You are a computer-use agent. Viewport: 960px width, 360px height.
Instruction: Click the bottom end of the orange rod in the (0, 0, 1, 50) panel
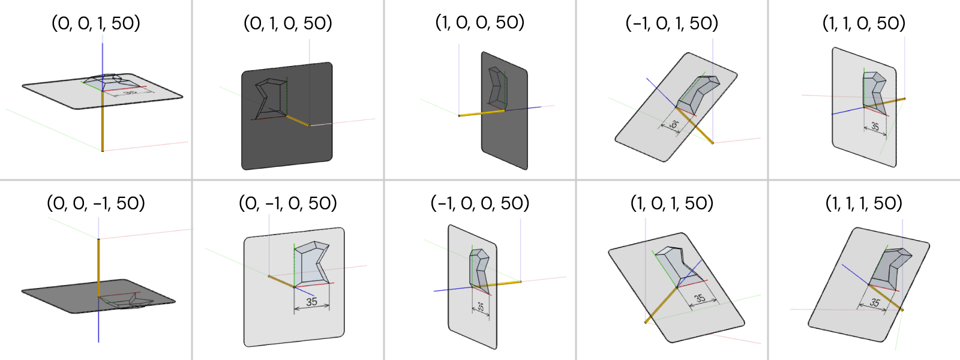(x=103, y=151)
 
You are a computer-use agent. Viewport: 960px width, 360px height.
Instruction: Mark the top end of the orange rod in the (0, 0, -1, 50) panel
(x=98, y=239)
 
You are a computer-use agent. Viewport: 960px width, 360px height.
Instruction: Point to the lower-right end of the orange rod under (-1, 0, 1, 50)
(x=713, y=143)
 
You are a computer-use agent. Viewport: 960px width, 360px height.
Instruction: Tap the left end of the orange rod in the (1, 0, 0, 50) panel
(x=459, y=116)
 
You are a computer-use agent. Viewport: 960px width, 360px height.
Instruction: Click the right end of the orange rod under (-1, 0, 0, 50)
(x=521, y=281)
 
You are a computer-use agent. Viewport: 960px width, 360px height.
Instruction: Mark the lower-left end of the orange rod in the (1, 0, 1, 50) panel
(x=646, y=322)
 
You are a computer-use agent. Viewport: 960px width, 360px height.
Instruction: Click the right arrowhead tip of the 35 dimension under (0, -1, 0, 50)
(x=329, y=306)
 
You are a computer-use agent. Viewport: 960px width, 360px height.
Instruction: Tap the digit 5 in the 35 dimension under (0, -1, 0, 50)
(x=314, y=302)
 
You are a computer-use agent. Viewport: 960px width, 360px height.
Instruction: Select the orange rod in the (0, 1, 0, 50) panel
(x=298, y=121)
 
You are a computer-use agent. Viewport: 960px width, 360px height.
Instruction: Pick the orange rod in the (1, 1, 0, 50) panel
(x=884, y=103)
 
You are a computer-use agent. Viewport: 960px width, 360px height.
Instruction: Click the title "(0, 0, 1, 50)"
(x=96, y=23)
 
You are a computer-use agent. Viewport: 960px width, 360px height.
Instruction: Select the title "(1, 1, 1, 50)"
(x=864, y=203)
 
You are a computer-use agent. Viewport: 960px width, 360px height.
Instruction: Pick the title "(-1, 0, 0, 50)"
(x=480, y=203)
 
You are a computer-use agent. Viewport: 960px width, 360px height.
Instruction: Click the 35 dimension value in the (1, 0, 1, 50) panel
(x=700, y=298)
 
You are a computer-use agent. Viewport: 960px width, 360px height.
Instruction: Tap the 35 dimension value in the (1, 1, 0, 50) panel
(x=875, y=127)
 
